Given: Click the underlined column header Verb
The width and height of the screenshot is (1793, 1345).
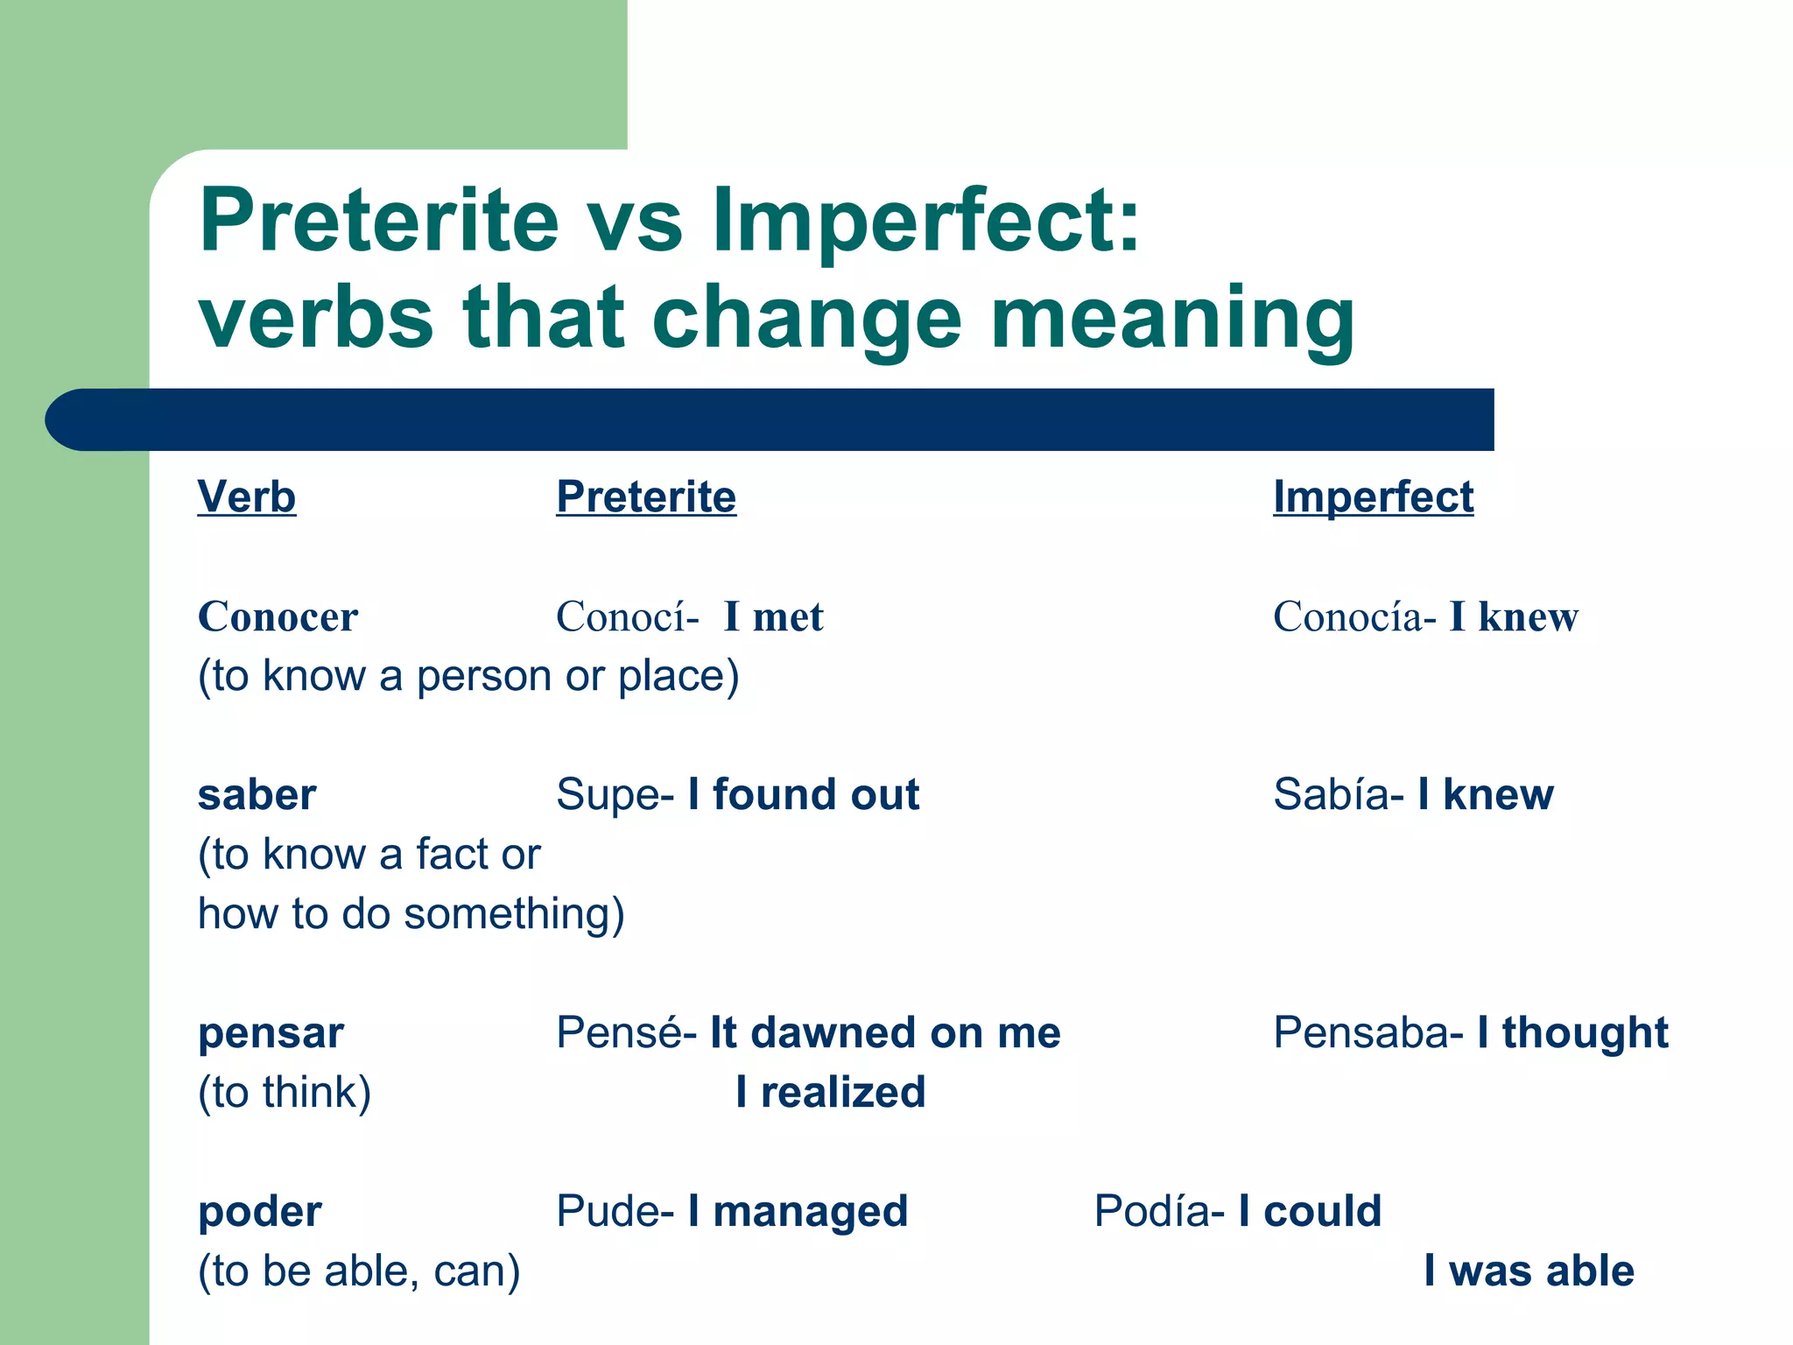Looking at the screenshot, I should tap(246, 497).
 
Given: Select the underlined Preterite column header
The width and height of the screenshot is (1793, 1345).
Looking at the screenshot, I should tap(646, 497).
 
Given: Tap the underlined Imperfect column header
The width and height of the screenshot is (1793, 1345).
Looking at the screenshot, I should tap(1373, 497).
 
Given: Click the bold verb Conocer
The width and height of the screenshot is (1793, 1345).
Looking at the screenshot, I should tap(278, 616).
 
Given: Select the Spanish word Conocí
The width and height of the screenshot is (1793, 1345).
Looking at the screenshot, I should tap(622, 616).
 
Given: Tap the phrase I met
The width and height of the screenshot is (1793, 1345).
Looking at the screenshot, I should tap(774, 616).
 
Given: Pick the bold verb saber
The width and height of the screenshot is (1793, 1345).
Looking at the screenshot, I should tap(257, 795).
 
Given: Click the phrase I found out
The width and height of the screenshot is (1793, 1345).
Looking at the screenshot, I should tap(804, 795).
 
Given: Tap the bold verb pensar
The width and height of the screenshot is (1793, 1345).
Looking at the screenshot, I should tap(271, 1033).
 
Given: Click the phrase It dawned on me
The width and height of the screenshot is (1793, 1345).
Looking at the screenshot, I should tap(885, 1033).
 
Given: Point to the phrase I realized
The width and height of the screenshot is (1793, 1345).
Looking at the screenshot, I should tap(830, 1093).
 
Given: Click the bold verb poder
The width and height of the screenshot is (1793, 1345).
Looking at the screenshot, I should tap(260, 1212).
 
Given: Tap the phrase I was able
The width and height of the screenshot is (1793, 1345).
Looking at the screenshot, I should tap(1529, 1271).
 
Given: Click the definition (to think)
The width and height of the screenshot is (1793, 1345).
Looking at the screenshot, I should tap(285, 1093).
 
